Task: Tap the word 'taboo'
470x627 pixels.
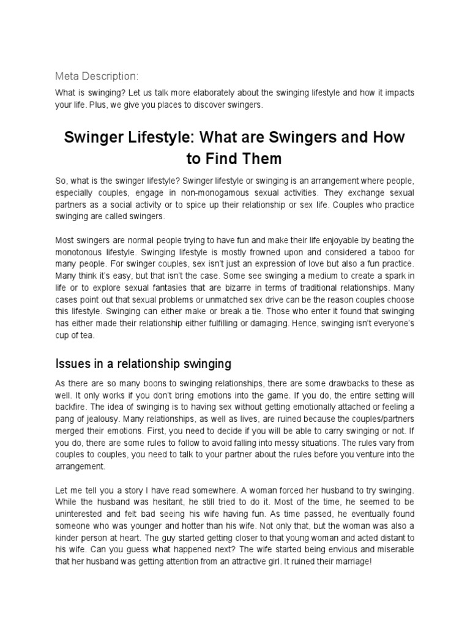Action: (371, 251)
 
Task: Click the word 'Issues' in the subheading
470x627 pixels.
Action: (73, 364)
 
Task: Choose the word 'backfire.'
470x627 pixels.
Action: (73, 407)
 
